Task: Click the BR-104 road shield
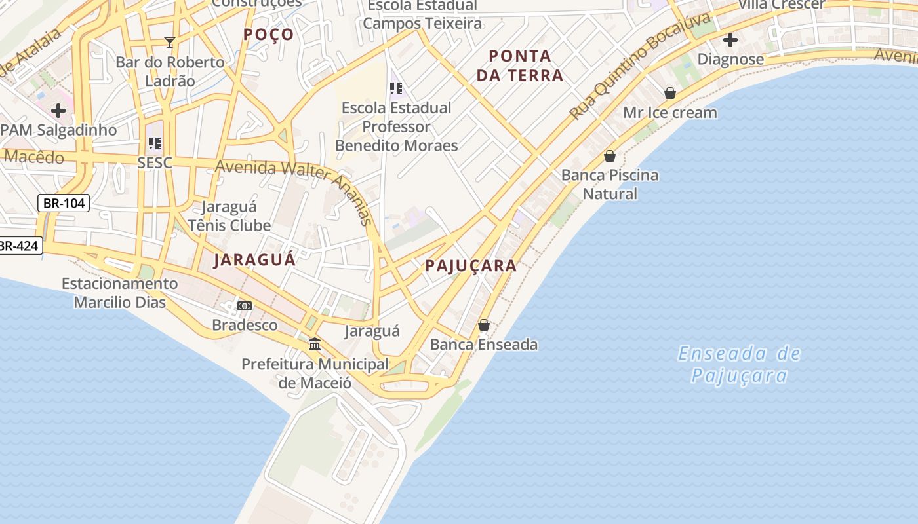click(64, 203)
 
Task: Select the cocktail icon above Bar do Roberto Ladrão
click(170, 43)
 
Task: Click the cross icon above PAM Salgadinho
click(58, 111)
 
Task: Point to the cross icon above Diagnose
click(730, 40)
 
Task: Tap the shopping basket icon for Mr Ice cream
click(669, 93)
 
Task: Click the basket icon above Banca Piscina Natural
click(610, 156)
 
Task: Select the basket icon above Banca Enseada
click(484, 325)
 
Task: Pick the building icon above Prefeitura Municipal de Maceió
click(315, 344)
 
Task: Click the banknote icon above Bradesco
click(245, 306)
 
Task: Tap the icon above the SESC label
click(155, 143)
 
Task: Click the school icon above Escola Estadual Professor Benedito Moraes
click(396, 88)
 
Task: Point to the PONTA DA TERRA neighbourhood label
click(520, 65)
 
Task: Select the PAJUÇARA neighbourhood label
click(471, 266)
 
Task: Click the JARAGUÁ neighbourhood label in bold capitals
click(255, 259)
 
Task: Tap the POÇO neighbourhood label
click(269, 35)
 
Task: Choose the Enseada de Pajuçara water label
click(740, 365)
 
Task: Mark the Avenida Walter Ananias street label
click(295, 180)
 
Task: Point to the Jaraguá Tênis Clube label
click(229, 216)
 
